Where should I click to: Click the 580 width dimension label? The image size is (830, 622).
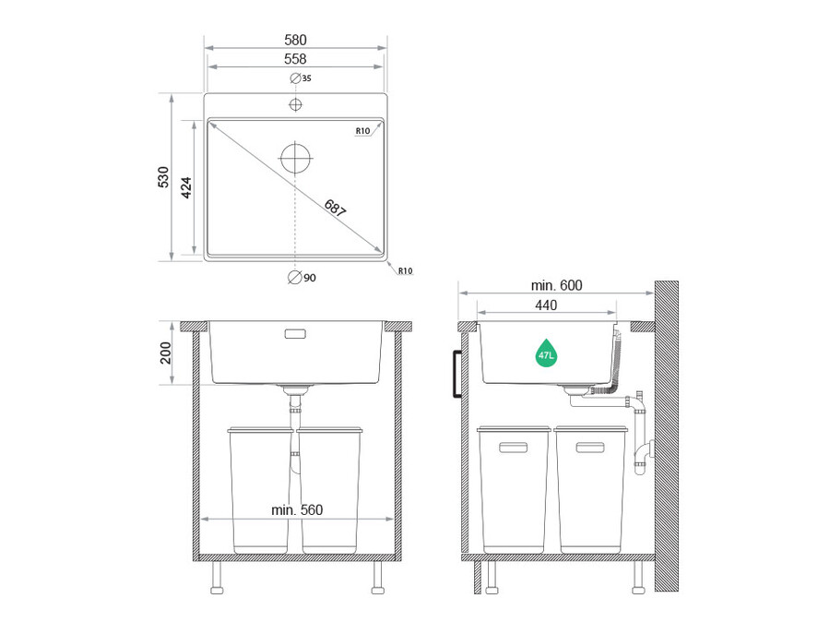coord(295,40)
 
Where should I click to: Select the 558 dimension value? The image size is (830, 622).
coord(295,59)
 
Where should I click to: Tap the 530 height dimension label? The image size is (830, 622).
coord(163,177)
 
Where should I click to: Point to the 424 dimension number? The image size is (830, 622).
coord(186,187)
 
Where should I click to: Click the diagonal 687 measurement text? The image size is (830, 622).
coord(335,209)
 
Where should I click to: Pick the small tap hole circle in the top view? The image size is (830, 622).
coord(295,104)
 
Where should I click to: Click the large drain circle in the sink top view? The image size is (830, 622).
coord(295,158)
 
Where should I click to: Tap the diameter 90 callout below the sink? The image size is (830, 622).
coord(302,278)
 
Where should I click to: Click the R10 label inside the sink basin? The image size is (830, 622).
coord(362,131)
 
